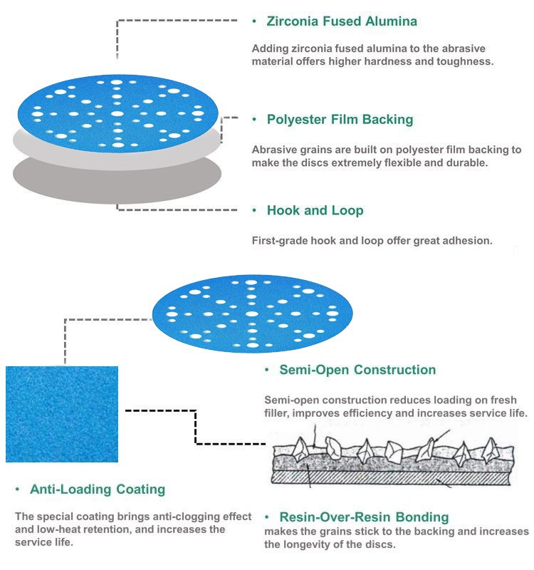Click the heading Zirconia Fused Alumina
click(x=342, y=21)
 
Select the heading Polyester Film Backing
click(x=340, y=119)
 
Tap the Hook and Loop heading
click(x=315, y=210)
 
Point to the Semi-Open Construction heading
click(x=357, y=370)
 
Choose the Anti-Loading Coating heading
click(x=98, y=489)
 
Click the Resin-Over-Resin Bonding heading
click(x=364, y=517)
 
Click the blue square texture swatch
click(x=62, y=414)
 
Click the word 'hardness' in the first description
click(x=389, y=61)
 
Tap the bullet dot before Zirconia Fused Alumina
click(x=254, y=22)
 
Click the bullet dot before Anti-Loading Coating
click(x=17, y=489)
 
